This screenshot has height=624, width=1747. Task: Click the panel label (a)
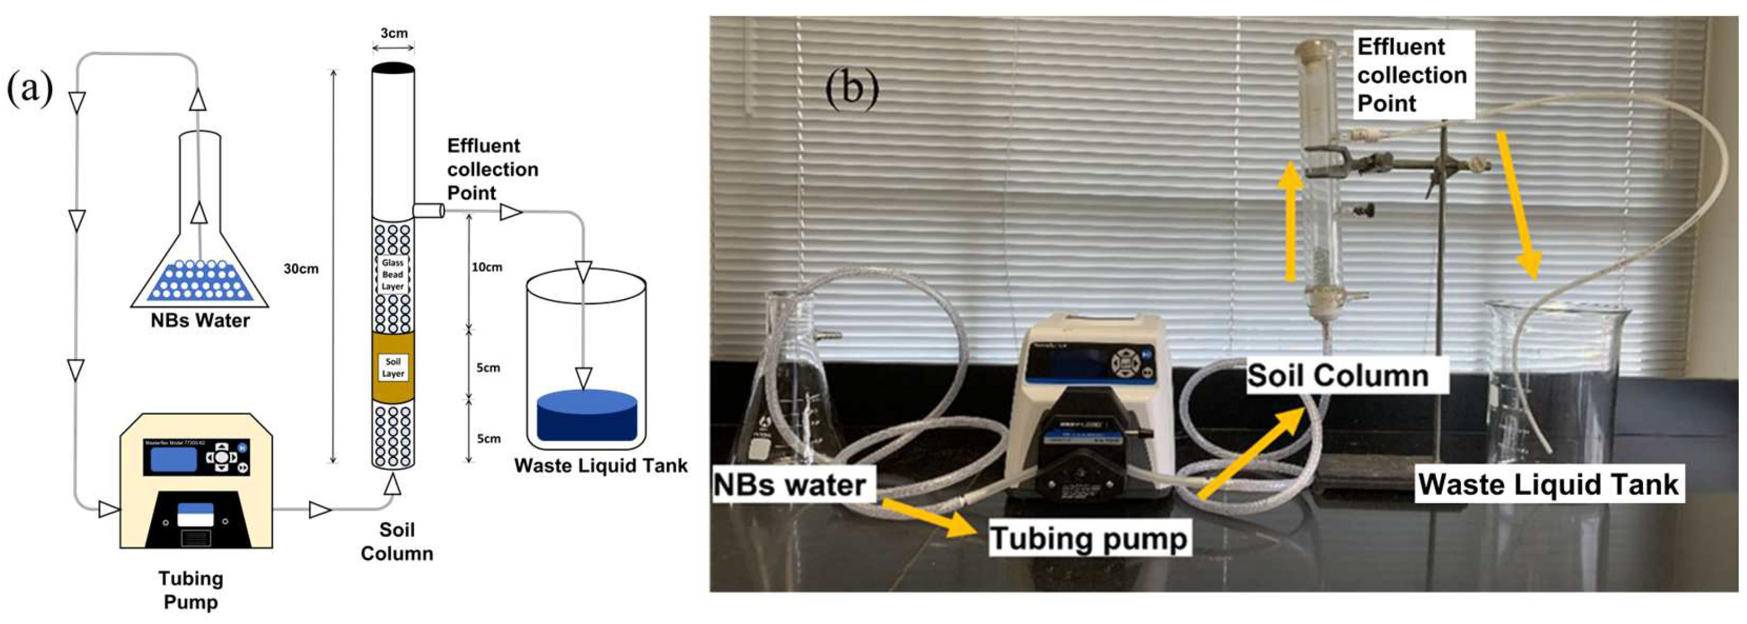[29, 89]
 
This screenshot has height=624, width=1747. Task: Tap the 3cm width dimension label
[393, 33]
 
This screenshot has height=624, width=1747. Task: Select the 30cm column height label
[301, 269]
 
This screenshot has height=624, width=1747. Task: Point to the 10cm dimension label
[487, 267]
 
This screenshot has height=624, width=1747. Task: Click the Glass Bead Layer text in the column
[393, 275]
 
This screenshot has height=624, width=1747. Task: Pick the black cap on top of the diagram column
[393, 68]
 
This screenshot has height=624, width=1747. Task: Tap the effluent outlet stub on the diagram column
[428, 211]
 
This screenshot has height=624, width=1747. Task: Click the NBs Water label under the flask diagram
[200, 320]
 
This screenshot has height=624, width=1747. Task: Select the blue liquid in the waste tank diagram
[586, 417]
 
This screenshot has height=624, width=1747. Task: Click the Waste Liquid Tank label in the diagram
[601, 466]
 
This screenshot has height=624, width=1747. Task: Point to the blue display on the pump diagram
[173, 458]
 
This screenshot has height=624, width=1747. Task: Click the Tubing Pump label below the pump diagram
[191, 590]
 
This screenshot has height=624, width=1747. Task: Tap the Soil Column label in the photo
[1338, 375]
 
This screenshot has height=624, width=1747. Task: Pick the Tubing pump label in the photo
[1088, 538]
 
